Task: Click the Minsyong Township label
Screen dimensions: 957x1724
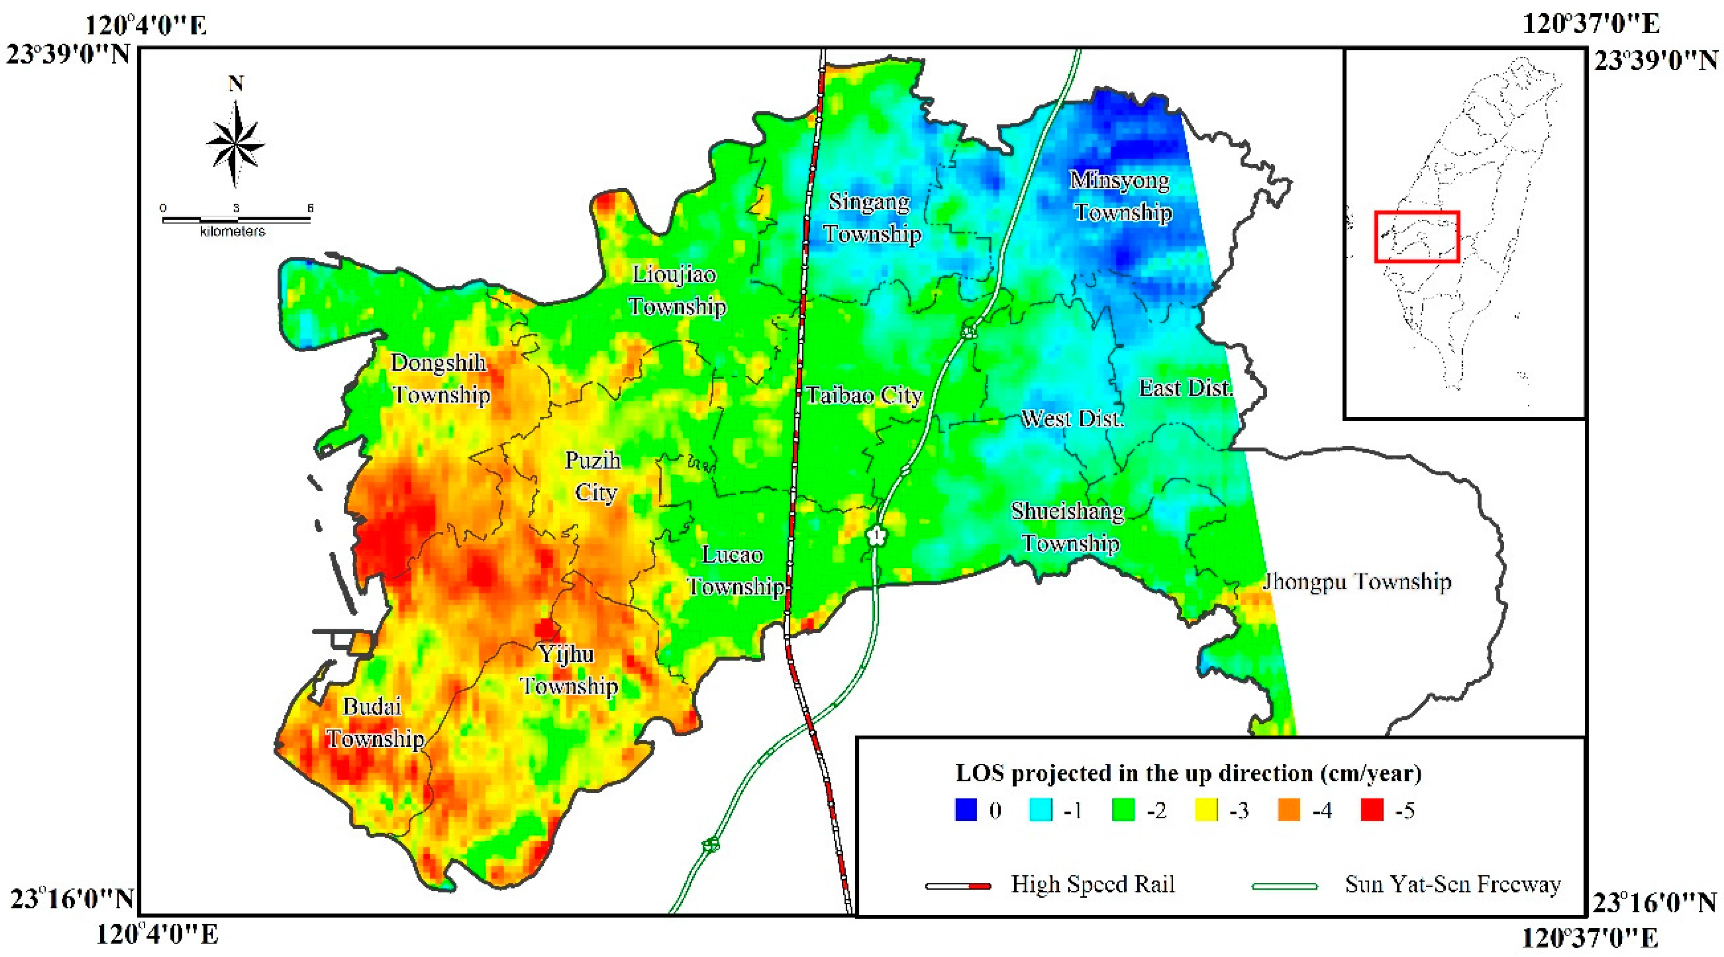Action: tap(1121, 196)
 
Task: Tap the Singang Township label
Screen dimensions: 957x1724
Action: tap(871, 217)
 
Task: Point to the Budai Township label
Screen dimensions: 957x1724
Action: tap(375, 723)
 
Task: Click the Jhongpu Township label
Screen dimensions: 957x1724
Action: tap(1357, 581)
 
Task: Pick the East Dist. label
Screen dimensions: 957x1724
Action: tap(1185, 387)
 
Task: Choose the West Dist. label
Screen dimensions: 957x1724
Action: tap(1072, 419)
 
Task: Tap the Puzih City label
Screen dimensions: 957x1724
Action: tap(594, 476)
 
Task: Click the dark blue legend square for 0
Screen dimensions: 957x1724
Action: tap(965, 810)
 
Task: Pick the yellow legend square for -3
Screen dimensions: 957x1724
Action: tap(1206, 810)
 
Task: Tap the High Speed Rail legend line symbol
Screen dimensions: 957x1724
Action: tap(958, 886)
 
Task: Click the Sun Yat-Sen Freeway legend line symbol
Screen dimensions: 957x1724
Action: tap(1284, 886)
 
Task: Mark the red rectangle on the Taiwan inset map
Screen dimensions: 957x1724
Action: tap(1416, 236)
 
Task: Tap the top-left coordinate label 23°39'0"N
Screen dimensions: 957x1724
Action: tap(68, 54)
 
